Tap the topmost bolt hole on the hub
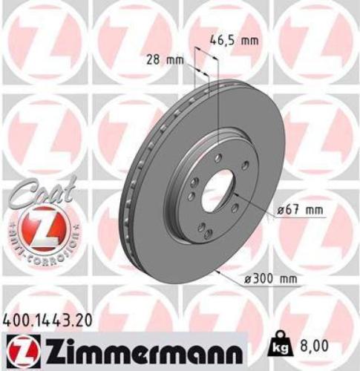[x=219, y=157]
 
